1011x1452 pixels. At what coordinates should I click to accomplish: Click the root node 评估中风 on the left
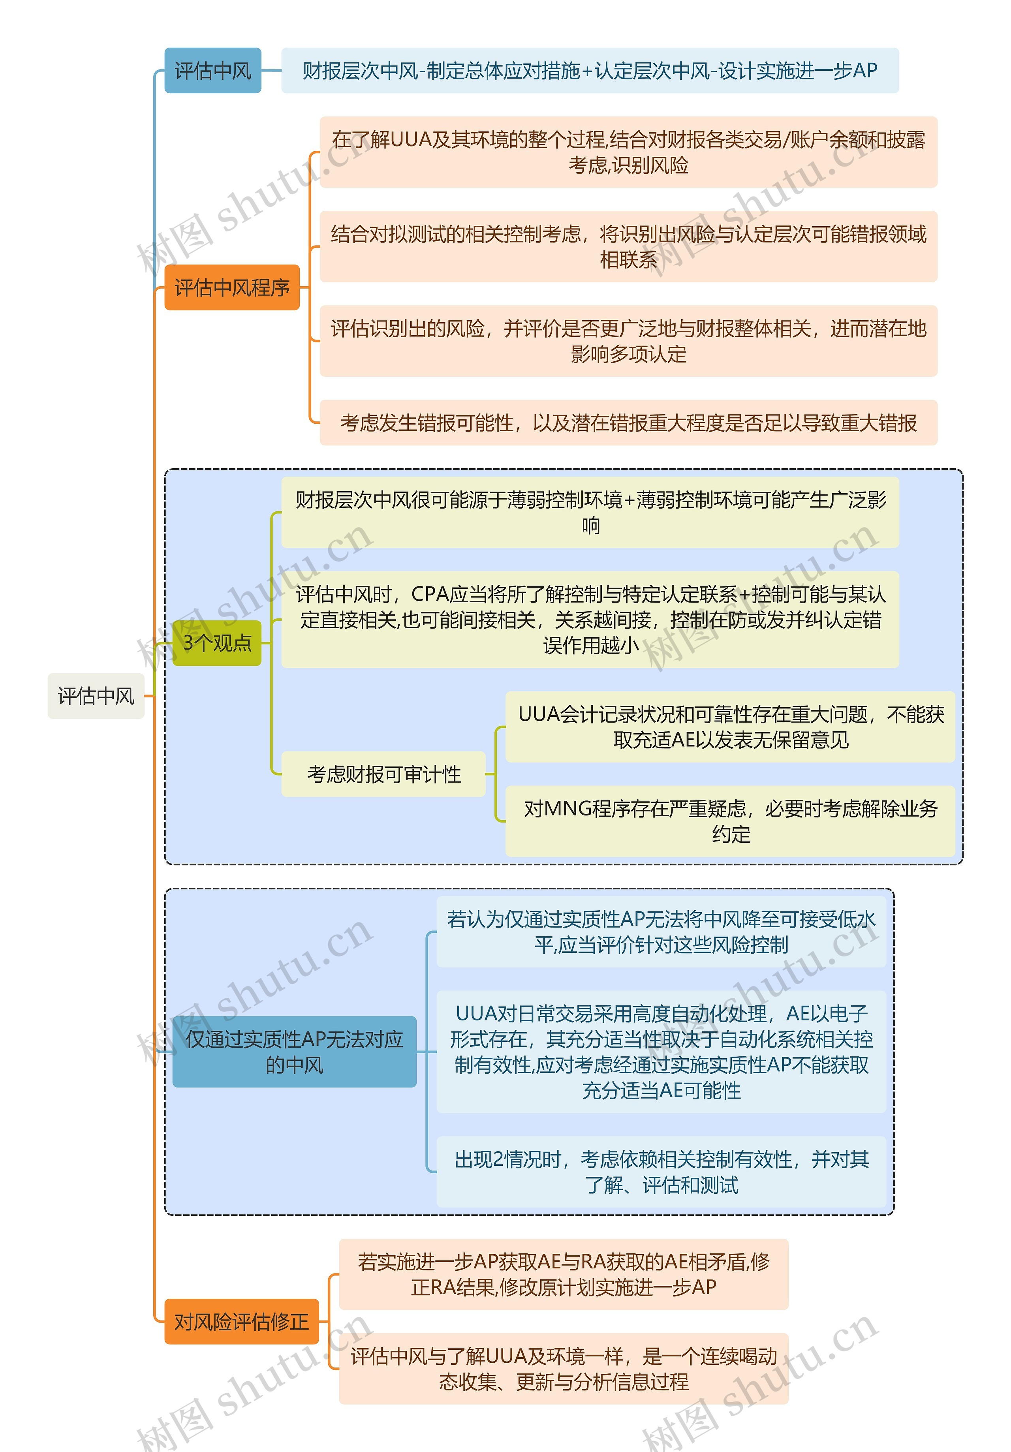[96, 696]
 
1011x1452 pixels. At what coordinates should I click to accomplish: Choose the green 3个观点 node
[217, 642]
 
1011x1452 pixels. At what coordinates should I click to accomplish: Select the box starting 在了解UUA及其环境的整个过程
[628, 152]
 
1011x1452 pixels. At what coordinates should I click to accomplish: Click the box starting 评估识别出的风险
[628, 341]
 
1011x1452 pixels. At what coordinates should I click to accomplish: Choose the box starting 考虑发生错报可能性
[628, 423]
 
